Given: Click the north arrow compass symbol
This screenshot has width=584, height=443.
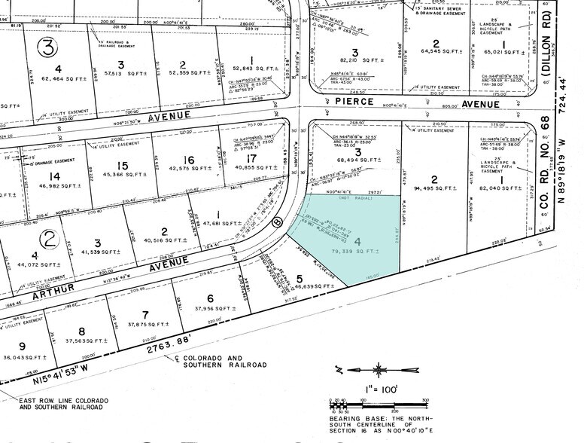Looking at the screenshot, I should pos(379,370).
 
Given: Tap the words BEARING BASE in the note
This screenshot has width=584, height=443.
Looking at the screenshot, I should pos(352,416).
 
